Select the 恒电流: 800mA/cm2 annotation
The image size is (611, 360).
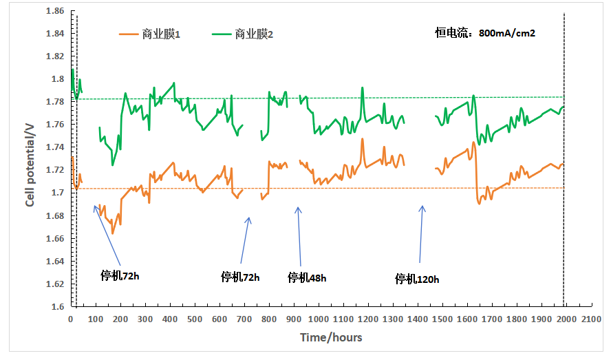(x=485, y=32)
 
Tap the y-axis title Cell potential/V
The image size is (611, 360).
(x=30, y=162)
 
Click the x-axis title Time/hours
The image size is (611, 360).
(x=331, y=337)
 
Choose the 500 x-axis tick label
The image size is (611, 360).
(x=195, y=320)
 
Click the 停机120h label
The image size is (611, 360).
(x=416, y=279)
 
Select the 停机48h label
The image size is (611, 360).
(x=307, y=278)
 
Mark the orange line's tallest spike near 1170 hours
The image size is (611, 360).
(x=362, y=139)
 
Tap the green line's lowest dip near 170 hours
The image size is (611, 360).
(x=113, y=165)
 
